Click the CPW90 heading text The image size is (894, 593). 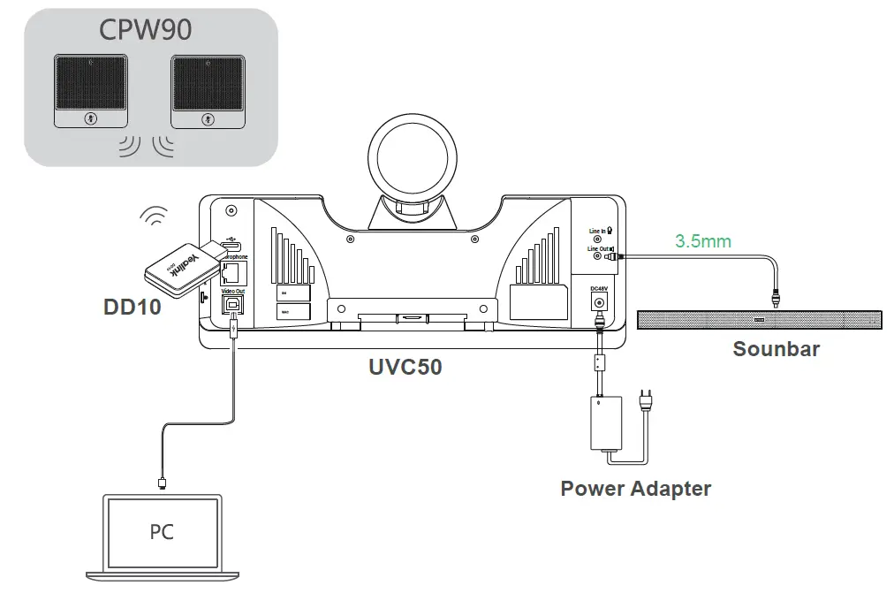146,30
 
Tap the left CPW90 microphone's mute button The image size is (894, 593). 88,119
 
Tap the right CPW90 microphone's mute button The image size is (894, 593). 207,119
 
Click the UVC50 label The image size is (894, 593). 405,366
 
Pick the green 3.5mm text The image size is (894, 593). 703,239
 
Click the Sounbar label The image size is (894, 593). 776,348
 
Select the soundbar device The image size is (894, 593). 758,319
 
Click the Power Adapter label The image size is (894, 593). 635,488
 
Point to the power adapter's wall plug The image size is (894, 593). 651,403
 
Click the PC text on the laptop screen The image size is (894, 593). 162,532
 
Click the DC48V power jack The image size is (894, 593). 601,303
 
